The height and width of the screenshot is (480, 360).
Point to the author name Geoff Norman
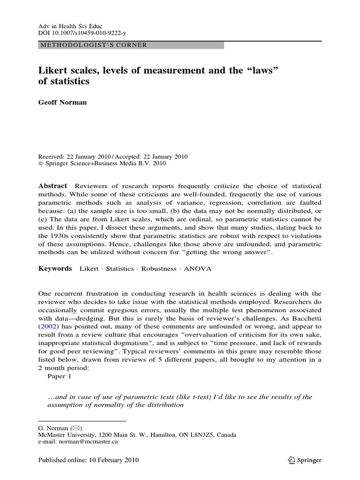62,102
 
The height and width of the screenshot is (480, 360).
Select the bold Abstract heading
52,186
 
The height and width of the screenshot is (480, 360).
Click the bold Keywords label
55,269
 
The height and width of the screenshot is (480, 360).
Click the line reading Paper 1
60,376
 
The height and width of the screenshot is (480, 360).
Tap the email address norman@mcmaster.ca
94,442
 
